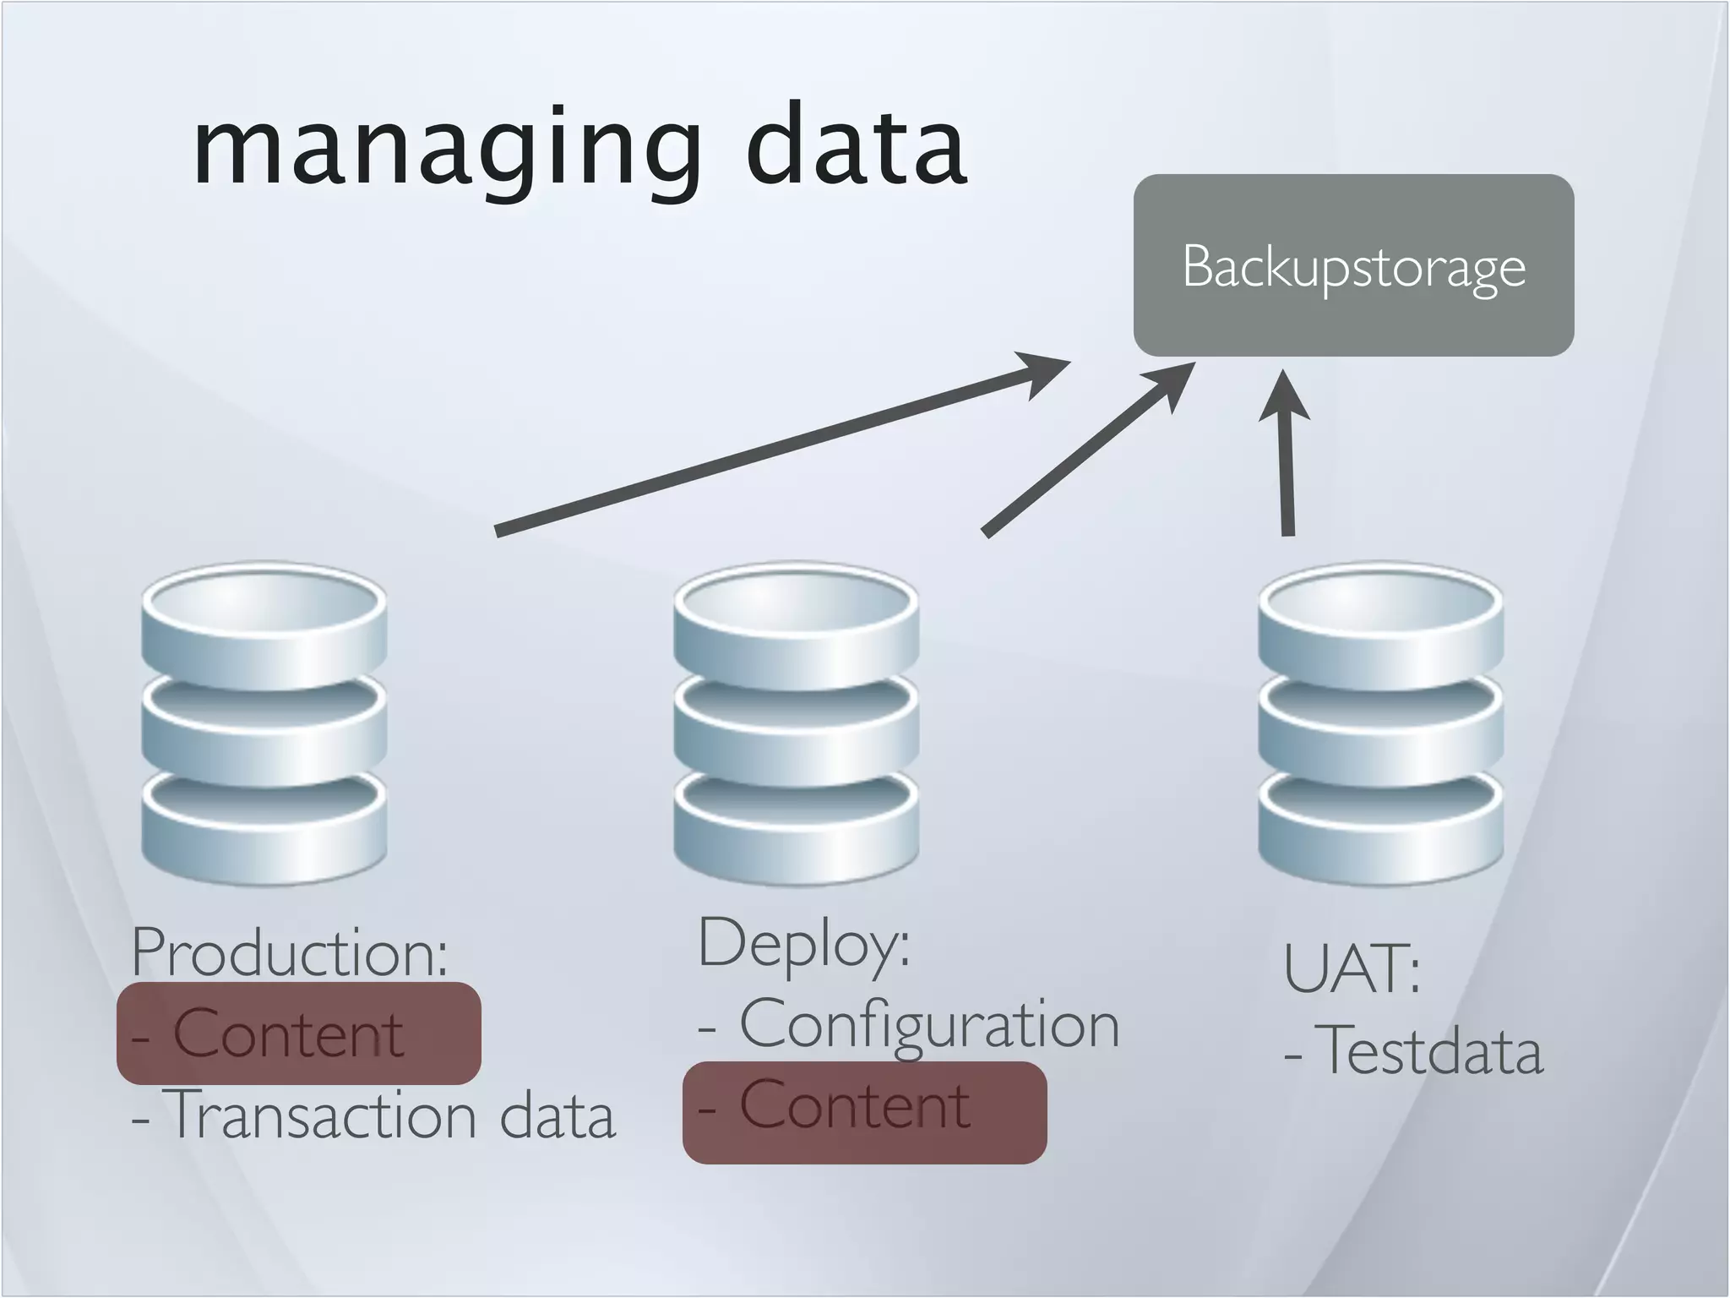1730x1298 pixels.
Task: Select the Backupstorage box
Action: tap(1353, 265)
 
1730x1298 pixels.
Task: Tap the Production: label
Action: tap(290, 952)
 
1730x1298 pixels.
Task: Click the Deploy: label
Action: tap(804, 944)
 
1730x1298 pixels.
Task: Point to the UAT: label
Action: tap(1352, 968)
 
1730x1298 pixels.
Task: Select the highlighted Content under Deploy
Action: tap(855, 1106)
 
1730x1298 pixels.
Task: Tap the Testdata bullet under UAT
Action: tap(1428, 1050)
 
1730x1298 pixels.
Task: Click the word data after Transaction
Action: tap(558, 1115)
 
